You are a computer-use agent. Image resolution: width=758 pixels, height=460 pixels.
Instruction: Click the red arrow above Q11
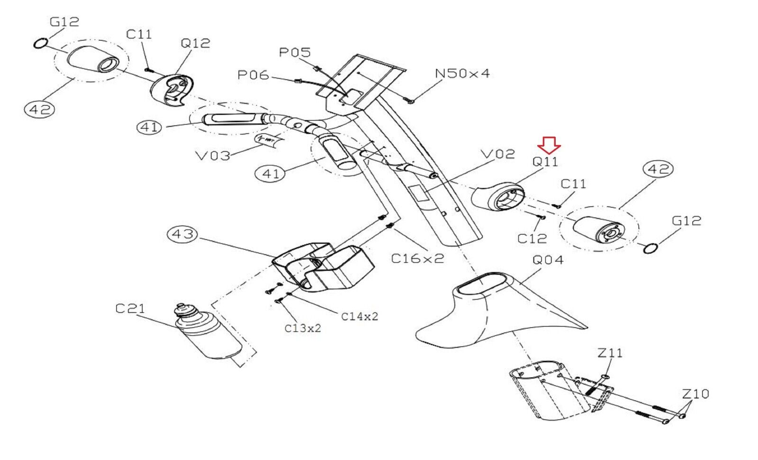click(549, 144)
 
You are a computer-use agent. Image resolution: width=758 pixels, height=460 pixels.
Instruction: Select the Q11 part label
click(545, 162)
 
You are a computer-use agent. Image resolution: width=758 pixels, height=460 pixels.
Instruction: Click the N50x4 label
click(462, 74)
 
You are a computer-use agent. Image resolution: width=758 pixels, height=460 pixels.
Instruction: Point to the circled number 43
click(183, 234)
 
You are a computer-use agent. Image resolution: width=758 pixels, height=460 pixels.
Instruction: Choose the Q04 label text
click(548, 260)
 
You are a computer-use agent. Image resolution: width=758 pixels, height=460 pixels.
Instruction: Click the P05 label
click(295, 52)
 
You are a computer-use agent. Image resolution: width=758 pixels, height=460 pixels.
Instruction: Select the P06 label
click(253, 75)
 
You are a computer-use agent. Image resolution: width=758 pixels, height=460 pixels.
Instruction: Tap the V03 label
click(213, 156)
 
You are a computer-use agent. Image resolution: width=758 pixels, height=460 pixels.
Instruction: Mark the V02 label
click(497, 154)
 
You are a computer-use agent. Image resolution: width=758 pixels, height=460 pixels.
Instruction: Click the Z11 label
click(610, 353)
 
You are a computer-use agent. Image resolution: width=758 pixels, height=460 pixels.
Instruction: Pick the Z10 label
click(695, 394)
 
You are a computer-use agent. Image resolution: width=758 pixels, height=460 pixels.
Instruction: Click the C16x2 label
click(417, 258)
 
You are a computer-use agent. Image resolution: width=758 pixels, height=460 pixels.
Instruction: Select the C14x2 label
click(360, 316)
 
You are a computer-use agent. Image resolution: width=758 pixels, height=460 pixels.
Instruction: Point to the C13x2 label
click(302, 328)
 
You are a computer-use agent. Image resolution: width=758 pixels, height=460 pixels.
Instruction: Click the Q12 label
click(195, 43)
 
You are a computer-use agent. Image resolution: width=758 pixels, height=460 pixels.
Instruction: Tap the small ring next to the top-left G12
click(41, 44)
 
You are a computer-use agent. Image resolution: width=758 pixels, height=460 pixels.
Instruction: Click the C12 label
click(532, 238)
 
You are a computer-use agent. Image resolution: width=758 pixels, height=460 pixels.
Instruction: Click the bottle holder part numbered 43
click(322, 268)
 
